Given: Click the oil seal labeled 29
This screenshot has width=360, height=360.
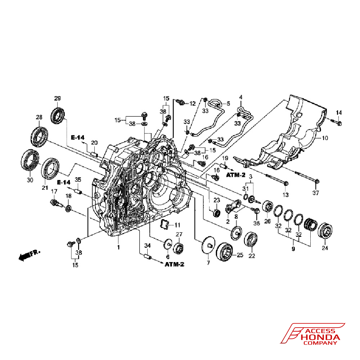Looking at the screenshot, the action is click(x=58, y=116).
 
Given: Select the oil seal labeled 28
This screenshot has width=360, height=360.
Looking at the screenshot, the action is click(x=39, y=136).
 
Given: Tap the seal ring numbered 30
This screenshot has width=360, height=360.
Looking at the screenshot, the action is click(x=30, y=160).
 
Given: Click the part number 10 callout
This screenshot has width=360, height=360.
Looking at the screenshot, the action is click(x=325, y=138).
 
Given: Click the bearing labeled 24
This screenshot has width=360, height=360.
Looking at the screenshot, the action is click(x=325, y=230).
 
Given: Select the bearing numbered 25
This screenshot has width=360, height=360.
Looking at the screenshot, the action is click(x=225, y=251).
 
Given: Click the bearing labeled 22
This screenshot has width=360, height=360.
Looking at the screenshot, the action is click(x=251, y=239).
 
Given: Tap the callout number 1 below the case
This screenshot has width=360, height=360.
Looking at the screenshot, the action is click(x=118, y=247).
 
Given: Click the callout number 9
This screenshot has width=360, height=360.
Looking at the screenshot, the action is click(x=293, y=249).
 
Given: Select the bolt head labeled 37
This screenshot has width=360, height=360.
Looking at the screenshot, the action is click(x=317, y=181).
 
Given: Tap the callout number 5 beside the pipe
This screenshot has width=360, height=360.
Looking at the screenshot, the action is click(x=228, y=104).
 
